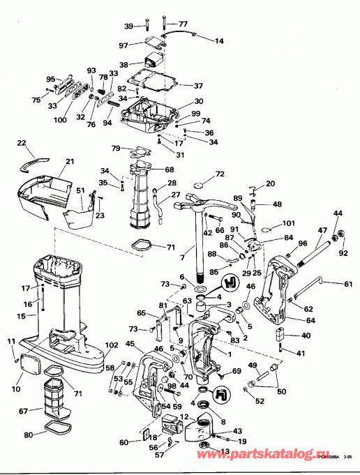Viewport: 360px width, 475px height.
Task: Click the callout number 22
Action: click(x=20, y=143)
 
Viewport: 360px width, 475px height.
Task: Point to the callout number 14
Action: click(x=219, y=41)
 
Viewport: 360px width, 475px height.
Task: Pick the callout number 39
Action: click(x=128, y=26)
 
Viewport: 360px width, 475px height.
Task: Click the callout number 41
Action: click(x=300, y=354)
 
